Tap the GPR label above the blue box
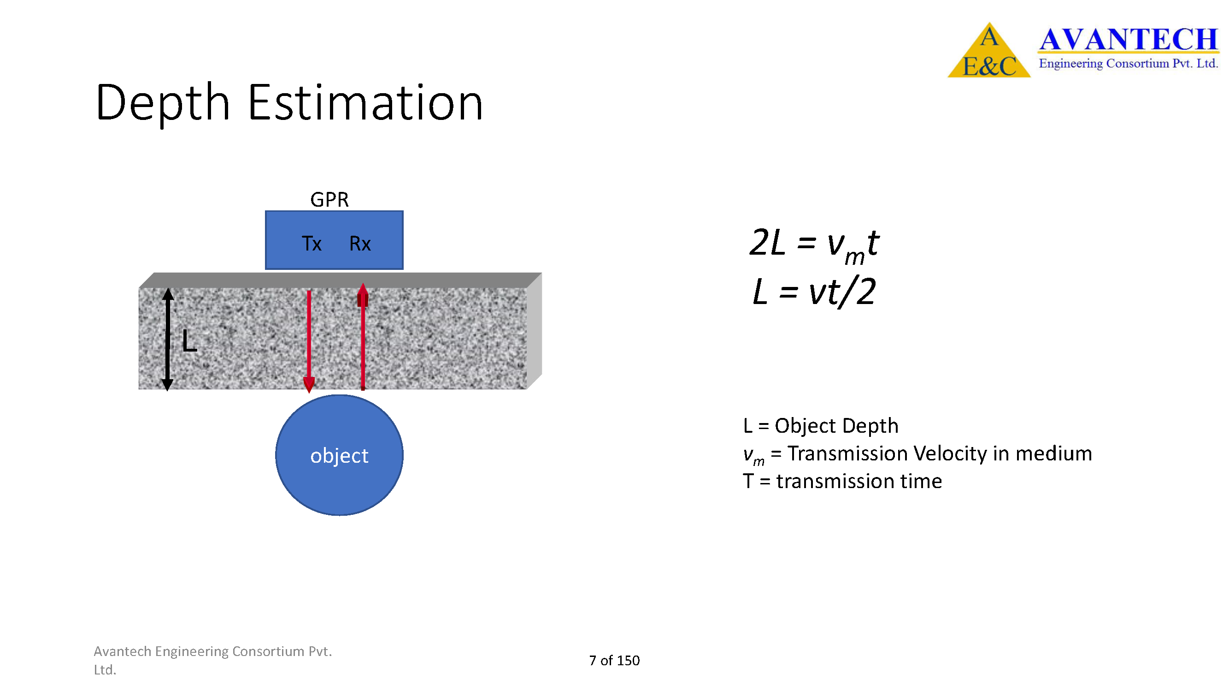point(329,200)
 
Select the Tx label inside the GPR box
point(312,244)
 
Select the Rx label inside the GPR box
point(360,244)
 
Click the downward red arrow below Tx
point(309,341)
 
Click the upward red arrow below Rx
point(363,336)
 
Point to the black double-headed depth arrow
point(167,339)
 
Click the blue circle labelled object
point(339,455)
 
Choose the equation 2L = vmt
point(814,245)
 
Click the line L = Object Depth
point(821,425)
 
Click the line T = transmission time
point(842,481)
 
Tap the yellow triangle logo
point(989,50)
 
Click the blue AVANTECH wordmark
point(1129,39)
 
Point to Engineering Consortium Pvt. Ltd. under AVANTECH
point(1129,64)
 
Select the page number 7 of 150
point(615,660)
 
